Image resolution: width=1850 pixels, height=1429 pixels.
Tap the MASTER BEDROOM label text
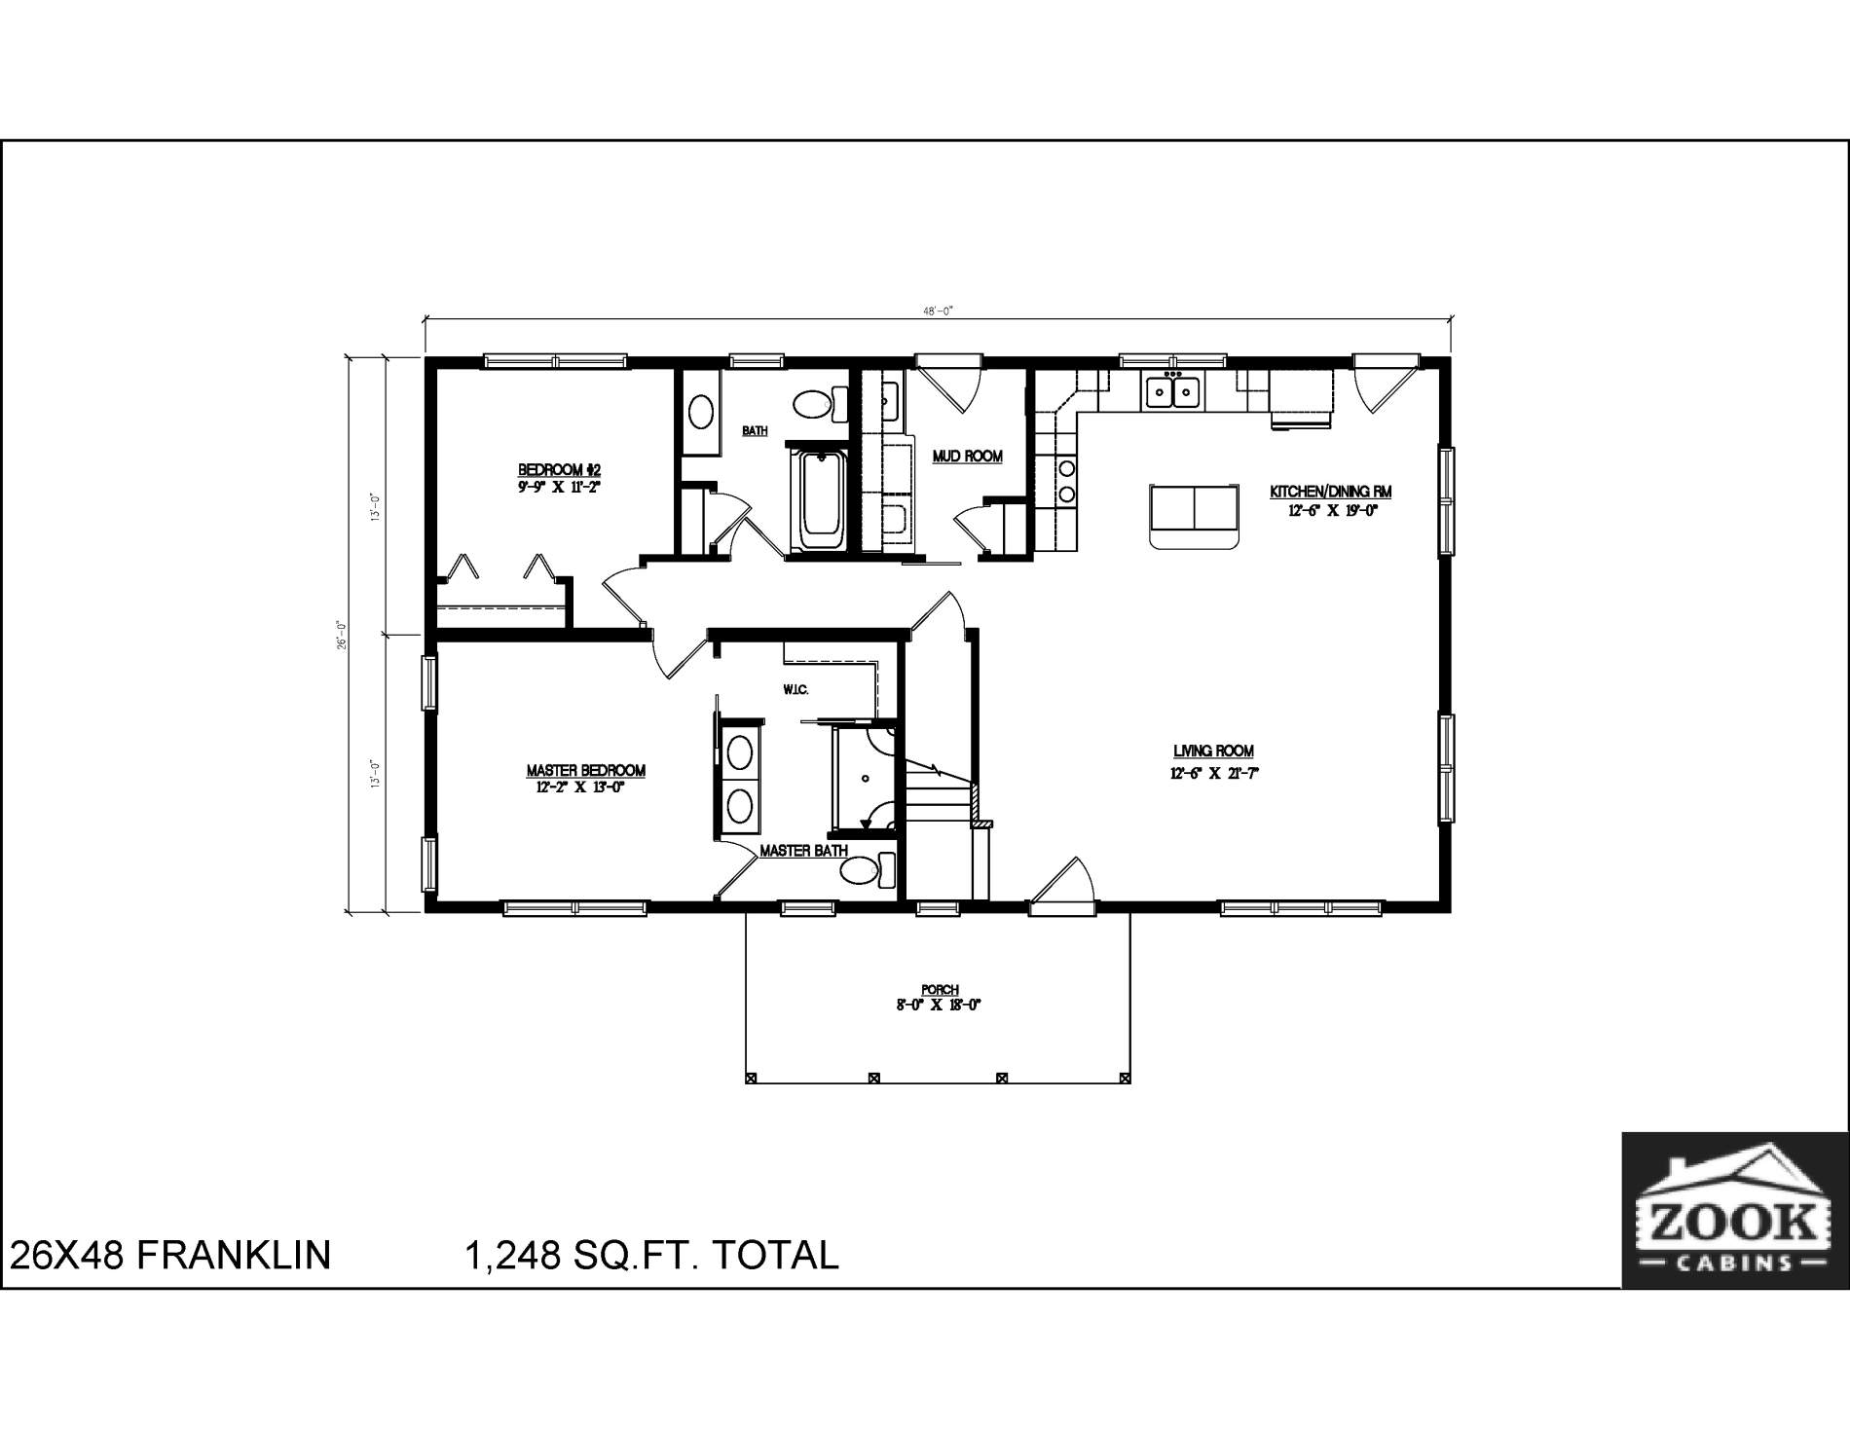pyautogui.click(x=585, y=771)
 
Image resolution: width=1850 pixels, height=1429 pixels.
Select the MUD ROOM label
pyautogui.click(x=967, y=456)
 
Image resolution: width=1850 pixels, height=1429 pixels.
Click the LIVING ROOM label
pyautogui.click(x=1212, y=751)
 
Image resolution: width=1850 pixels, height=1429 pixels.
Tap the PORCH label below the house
pyautogui.click(x=939, y=990)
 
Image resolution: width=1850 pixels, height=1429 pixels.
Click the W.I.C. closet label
pyautogui.click(x=795, y=690)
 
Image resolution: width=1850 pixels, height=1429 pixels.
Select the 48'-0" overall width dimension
pyautogui.click(x=938, y=311)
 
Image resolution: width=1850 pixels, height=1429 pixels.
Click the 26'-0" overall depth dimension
pyautogui.click(x=342, y=635)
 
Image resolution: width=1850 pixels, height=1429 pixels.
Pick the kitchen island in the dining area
pyautogui.click(x=1195, y=516)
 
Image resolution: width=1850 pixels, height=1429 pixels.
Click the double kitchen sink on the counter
pyautogui.click(x=1172, y=391)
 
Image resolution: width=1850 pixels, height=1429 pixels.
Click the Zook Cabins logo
pyautogui.click(x=1734, y=1209)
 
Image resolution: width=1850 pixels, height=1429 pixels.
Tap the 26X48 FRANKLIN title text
pyautogui.click(x=170, y=1255)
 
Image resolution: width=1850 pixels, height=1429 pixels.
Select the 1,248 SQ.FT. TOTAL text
pyautogui.click(x=652, y=1255)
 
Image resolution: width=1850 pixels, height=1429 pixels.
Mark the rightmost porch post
pyautogui.click(x=1126, y=1078)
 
